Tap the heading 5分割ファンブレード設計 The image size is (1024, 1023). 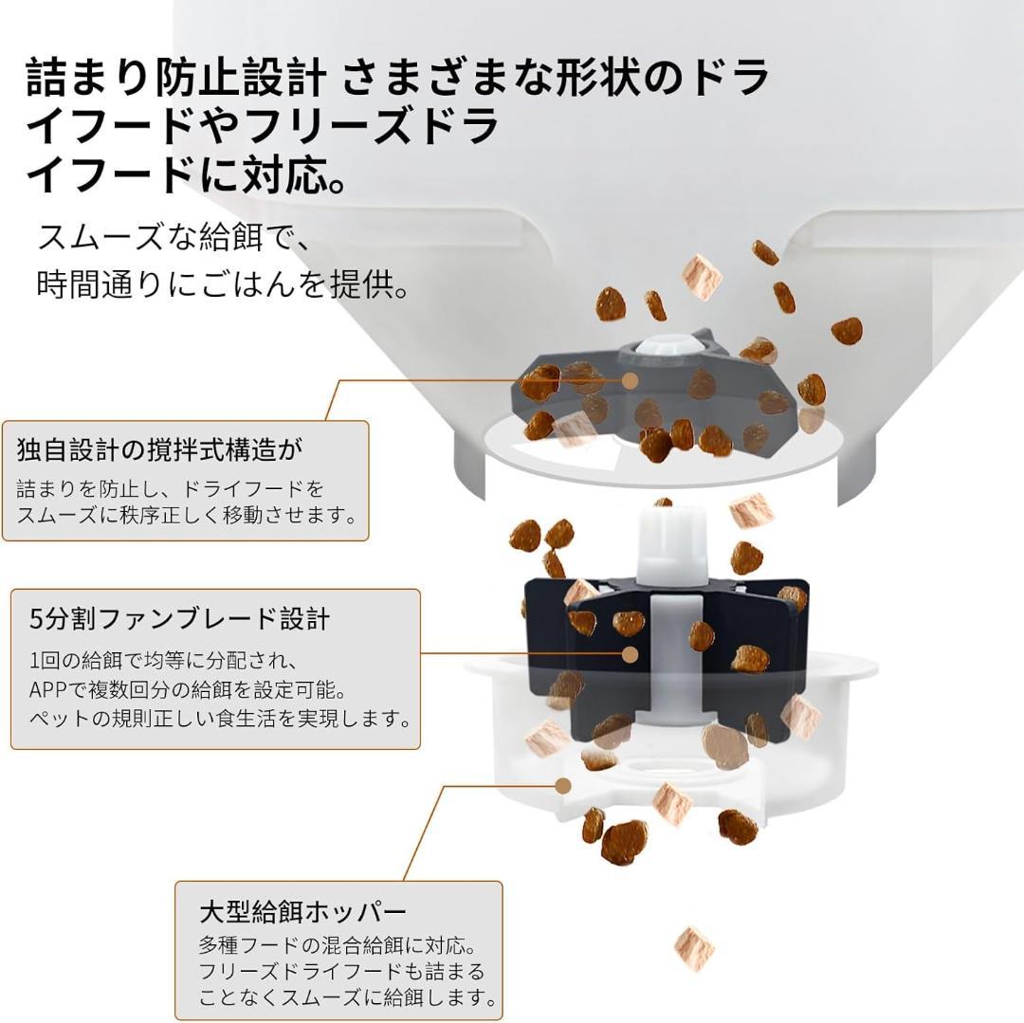click(180, 619)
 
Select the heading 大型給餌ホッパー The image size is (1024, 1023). click(302, 912)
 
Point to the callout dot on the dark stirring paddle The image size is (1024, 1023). click(630, 380)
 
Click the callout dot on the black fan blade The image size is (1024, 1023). click(630, 653)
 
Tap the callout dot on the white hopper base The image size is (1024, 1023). click(563, 785)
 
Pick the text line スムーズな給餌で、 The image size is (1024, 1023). click(174, 236)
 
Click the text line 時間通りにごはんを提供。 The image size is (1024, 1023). click(224, 285)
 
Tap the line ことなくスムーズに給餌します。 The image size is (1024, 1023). click(348, 997)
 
